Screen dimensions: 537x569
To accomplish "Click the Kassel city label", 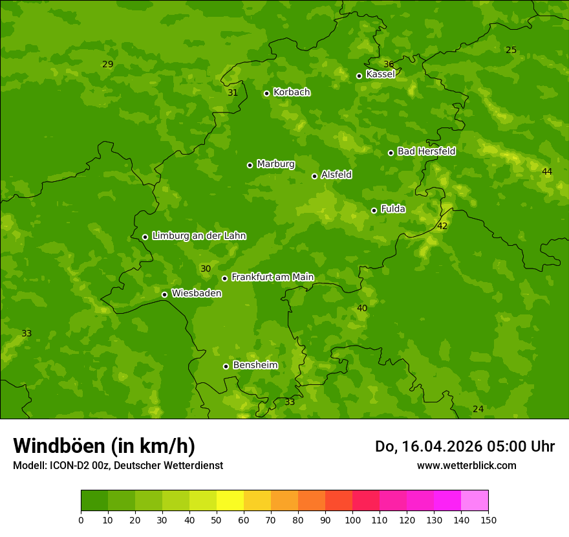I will coord(380,74).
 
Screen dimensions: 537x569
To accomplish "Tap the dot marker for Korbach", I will coord(266,93).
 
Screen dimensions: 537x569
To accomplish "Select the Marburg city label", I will coord(275,164).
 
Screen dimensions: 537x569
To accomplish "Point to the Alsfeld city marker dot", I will coord(315,176).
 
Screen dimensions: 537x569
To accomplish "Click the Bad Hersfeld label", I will coord(426,151).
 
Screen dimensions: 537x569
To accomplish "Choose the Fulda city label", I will coord(393,209).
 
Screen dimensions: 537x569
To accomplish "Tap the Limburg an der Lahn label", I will coord(199,236).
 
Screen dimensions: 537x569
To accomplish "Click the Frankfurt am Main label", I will coord(272,277).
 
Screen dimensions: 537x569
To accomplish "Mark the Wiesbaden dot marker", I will coord(165,294).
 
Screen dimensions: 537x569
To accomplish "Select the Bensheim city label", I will coord(255,365).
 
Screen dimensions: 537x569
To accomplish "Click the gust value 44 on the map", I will coord(547,171).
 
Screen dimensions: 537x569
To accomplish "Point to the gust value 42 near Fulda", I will coord(442,226).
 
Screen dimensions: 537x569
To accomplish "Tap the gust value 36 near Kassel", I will coord(389,64).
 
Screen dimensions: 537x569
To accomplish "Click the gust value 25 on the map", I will coord(511,50).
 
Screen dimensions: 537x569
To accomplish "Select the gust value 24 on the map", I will coord(478,409).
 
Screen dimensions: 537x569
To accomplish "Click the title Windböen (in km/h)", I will coord(104,446).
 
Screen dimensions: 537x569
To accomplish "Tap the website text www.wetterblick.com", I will coord(466,465).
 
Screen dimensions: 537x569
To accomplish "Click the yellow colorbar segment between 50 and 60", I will coord(230,500).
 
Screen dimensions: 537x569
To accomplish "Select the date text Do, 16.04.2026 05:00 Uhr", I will coord(465,446).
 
